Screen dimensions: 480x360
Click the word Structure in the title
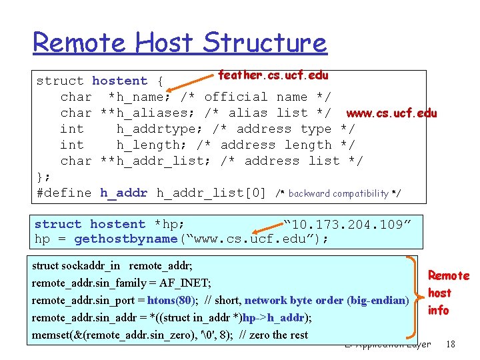click(265, 43)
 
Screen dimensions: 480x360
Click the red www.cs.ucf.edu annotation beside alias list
click(391, 113)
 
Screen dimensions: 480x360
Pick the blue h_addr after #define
click(123, 193)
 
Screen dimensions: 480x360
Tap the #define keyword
click(64, 193)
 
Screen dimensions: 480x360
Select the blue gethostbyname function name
click(125, 239)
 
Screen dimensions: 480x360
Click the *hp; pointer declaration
click(169, 224)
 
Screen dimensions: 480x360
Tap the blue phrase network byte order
click(294, 300)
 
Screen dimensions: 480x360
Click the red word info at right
click(438, 310)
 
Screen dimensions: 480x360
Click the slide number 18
click(451, 344)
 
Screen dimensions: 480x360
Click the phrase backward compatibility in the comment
click(338, 193)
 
